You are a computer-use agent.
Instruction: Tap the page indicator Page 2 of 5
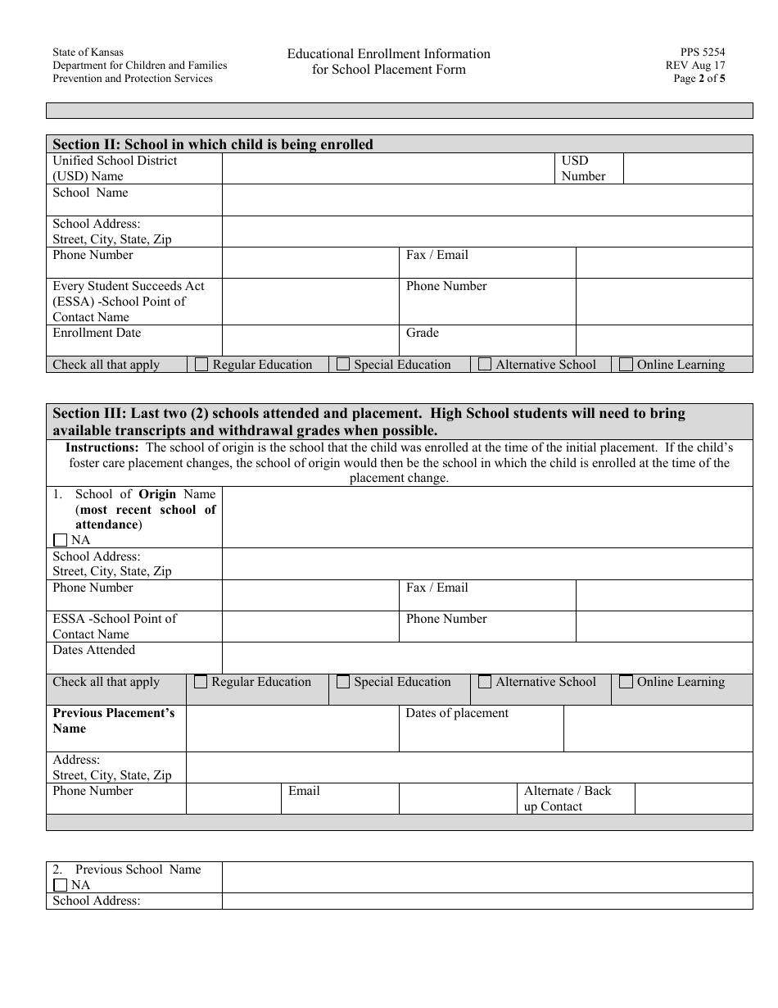pyautogui.click(x=699, y=79)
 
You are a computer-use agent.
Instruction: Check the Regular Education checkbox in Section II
pyautogui.click(x=201, y=365)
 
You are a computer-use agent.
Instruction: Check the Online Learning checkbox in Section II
pyautogui.click(x=626, y=365)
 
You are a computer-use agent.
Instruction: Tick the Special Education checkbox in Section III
pyautogui.click(x=343, y=682)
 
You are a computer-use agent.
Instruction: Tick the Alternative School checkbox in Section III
pyautogui.click(x=485, y=682)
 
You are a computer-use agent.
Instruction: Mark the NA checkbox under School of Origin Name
pyautogui.click(x=60, y=540)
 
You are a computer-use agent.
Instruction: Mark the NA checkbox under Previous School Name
pyautogui.click(x=60, y=885)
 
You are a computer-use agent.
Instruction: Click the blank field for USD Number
pyautogui.click(x=687, y=169)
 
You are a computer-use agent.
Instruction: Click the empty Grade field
pyautogui.click(x=663, y=340)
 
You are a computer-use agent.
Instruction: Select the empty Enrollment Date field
pyautogui.click(x=310, y=340)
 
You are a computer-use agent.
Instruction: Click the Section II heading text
pyautogui.click(x=213, y=144)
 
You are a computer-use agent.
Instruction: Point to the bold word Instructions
pyautogui.click(x=102, y=447)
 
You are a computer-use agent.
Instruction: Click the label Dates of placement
pyautogui.click(x=457, y=713)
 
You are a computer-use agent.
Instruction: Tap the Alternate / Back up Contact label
pyautogui.click(x=568, y=798)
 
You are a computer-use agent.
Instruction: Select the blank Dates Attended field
pyautogui.click(x=486, y=657)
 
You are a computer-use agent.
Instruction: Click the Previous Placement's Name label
pyautogui.click(x=114, y=720)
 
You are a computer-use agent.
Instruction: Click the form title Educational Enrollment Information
pyautogui.click(x=388, y=54)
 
